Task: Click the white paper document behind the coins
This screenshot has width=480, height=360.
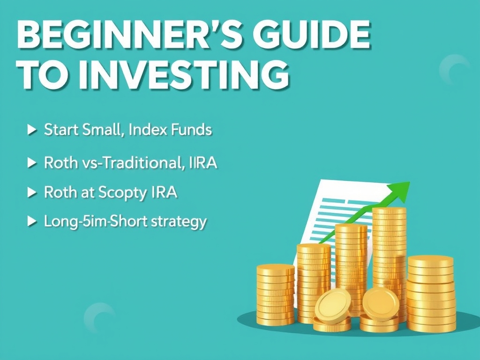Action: pyautogui.click(x=328, y=206)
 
